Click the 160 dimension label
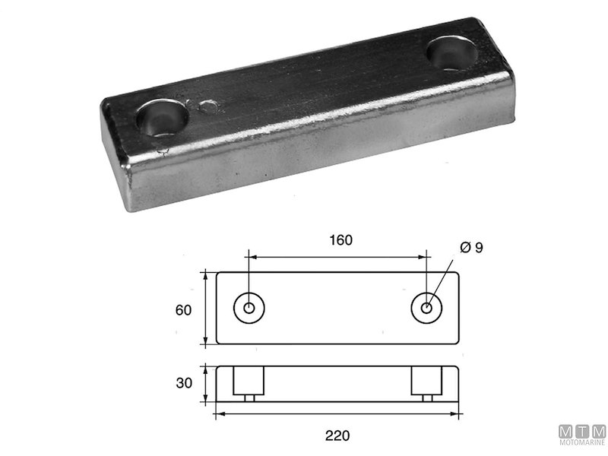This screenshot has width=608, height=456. tap(340, 240)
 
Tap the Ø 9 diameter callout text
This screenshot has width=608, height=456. tap(471, 248)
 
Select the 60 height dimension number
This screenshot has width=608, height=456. tap(183, 310)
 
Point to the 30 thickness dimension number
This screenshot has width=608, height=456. tap(184, 383)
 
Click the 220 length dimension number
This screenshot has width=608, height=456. tap(337, 435)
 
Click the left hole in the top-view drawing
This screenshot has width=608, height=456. tap(249, 308)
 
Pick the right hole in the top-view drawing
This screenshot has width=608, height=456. tap(426, 308)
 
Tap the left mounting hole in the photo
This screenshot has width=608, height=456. tap(162, 118)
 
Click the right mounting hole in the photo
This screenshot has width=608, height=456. tap(451, 53)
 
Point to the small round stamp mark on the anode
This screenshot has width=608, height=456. tap(207, 106)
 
